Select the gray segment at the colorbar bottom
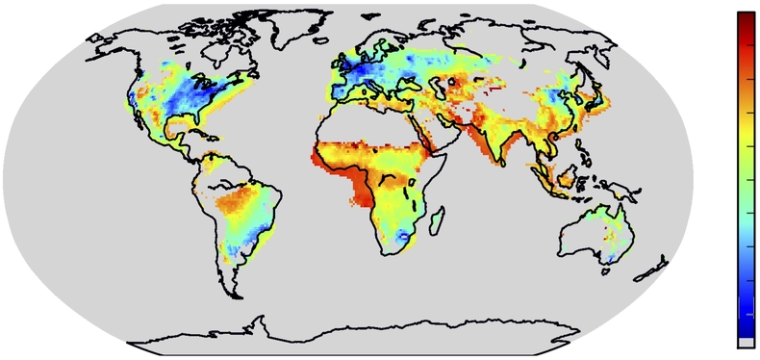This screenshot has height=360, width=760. [747, 342]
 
